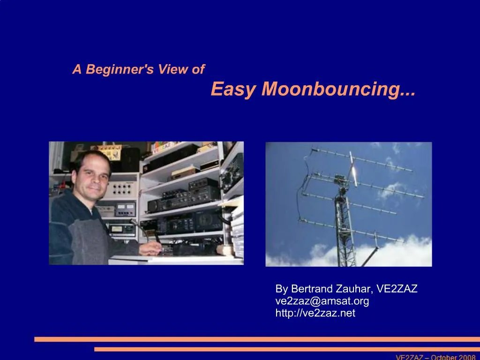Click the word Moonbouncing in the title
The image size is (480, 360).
(338, 89)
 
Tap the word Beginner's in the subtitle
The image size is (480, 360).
(120, 69)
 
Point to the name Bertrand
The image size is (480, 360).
(312, 289)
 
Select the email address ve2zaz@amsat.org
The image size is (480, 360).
(322, 301)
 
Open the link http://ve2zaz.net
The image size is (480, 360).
(315, 313)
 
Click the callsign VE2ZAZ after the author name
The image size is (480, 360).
(397, 289)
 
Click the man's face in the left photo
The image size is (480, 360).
(92, 177)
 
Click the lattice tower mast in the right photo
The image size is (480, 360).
(345, 224)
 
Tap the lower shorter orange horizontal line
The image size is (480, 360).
(287, 349)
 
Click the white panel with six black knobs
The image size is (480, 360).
(122, 188)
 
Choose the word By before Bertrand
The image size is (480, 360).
(282, 289)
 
